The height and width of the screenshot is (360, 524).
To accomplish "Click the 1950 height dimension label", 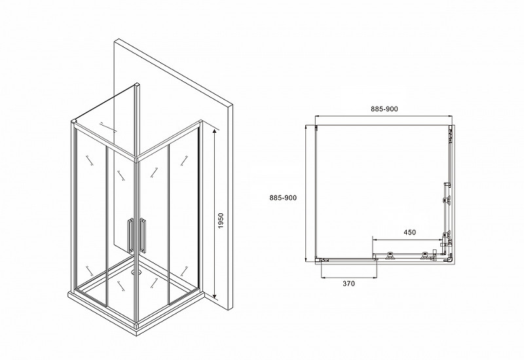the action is pos(221,221).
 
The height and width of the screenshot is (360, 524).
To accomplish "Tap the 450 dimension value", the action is pos(410,232).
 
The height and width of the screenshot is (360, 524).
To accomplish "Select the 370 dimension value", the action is pos(348,283).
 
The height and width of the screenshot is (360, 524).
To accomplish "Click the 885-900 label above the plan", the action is pos(384,109).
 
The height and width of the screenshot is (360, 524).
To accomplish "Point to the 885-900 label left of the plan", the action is pos(283,198).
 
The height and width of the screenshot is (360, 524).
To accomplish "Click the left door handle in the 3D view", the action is pos(130,235).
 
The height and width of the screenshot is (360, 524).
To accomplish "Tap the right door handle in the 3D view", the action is pos(143,235).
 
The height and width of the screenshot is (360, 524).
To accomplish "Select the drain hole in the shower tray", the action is pos(136,272).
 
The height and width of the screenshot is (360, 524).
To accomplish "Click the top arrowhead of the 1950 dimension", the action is pos(215,132).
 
